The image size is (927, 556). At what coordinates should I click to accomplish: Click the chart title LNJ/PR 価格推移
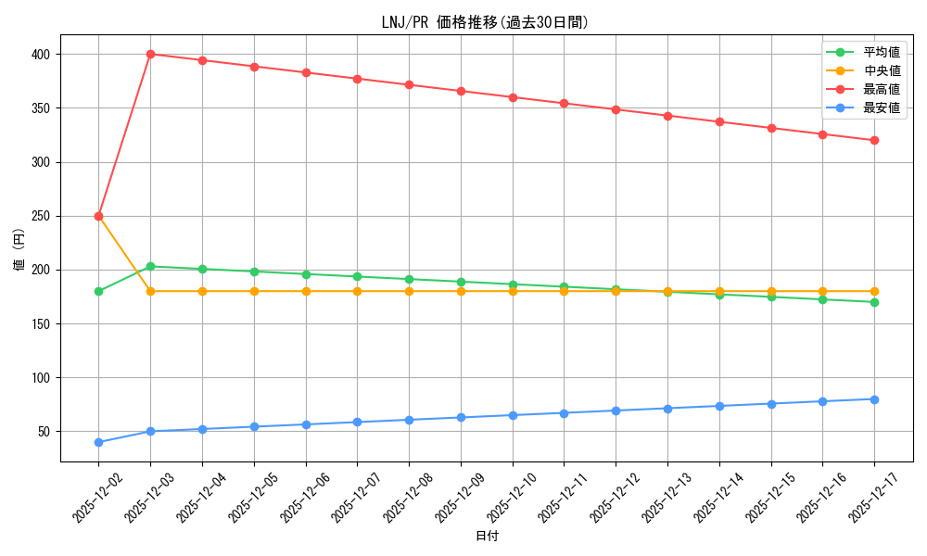pyautogui.click(x=485, y=22)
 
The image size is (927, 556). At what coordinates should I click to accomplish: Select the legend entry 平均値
pyautogui.click(x=881, y=53)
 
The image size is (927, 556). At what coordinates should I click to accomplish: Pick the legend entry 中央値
pyautogui.click(x=881, y=71)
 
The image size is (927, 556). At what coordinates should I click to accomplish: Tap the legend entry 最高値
pyautogui.click(x=881, y=90)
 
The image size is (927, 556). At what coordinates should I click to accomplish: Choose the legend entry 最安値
pyautogui.click(x=881, y=108)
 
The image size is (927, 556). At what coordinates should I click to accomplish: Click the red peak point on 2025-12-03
pyautogui.click(x=150, y=54)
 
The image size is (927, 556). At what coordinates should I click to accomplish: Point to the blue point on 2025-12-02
pyautogui.click(x=98, y=442)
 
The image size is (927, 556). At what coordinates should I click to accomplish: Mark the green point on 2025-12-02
pyautogui.click(x=98, y=291)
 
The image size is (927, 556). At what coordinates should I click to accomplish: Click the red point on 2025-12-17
pyautogui.click(x=874, y=140)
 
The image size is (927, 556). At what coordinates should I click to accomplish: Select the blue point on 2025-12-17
pyautogui.click(x=874, y=399)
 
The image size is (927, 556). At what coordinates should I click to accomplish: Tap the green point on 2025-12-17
pyautogui.click(x=874, y=302)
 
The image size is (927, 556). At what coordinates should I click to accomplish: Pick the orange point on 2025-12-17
pyautogui.click(x=874, y=291)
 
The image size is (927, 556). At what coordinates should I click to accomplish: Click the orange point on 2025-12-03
pyautogui.click(x=150, y=291)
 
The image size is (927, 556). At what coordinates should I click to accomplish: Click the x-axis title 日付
pyautogui.click(x=487, y=537)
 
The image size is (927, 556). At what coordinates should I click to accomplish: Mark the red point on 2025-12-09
pyautogui.click(x=461, y=91)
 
